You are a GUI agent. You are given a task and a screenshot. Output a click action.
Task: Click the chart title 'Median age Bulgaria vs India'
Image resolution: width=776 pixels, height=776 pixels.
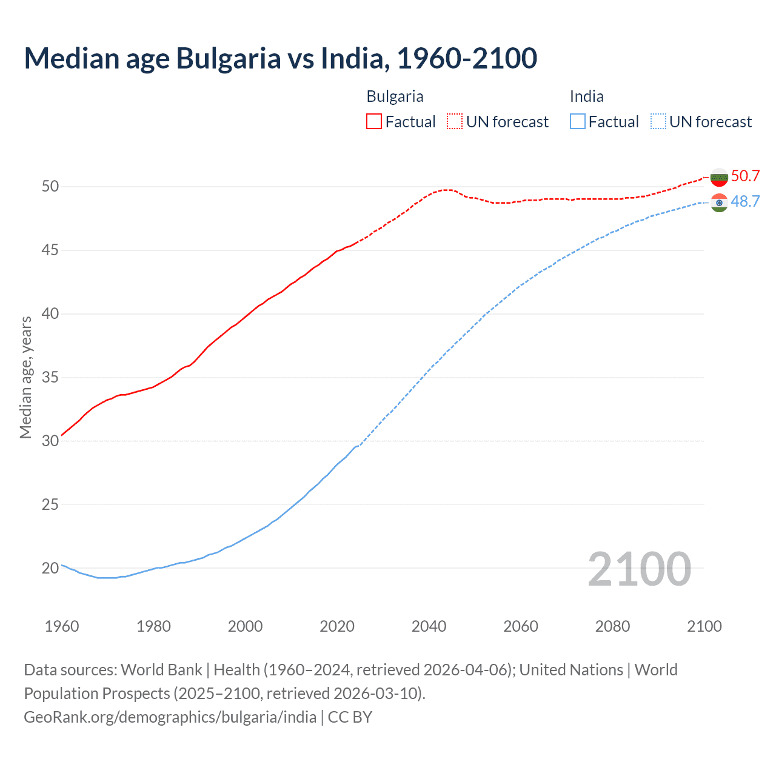click(x=280, y=58)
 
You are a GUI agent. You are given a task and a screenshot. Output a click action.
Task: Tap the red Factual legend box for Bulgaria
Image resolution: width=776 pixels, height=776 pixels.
click(x=374, y=122)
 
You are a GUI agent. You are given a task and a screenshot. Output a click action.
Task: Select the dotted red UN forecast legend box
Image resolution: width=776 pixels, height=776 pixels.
click(x=455, y=122)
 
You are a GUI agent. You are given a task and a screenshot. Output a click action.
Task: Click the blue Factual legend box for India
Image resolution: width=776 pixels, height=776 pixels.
click(x=578, y=122)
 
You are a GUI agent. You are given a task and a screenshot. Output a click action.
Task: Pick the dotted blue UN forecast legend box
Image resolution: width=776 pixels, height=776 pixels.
click(x=658, y=122)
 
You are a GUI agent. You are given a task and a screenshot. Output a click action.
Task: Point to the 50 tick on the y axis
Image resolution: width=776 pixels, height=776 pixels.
click(x=50, y=186)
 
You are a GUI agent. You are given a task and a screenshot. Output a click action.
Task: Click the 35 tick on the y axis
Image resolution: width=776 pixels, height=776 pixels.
click(x=50, y=377)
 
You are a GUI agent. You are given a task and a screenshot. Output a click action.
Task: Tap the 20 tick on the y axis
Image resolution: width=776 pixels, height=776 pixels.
click(x=50, y=568)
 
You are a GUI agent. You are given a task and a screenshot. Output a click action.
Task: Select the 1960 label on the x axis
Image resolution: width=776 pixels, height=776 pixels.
click(x=62, y=626)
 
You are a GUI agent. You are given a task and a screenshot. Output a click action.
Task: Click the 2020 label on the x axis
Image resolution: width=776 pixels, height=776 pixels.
click(x=337, y=626)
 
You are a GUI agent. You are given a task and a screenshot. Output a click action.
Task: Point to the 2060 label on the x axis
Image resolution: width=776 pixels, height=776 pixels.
click(x=521, y=626)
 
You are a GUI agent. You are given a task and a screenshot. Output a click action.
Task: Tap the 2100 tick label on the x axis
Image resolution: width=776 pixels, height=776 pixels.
click(x=704, y=626)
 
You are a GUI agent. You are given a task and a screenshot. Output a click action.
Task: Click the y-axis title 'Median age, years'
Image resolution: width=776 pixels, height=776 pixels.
click(x=25, y=377)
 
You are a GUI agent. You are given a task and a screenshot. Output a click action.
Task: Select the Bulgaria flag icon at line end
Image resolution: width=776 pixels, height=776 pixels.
click(x=719, y=177)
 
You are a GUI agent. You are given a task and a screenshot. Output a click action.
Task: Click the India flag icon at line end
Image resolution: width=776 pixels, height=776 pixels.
click(x=719, y=202)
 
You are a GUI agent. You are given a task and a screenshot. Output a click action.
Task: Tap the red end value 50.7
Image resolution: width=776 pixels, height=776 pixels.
click(x=745, y=176)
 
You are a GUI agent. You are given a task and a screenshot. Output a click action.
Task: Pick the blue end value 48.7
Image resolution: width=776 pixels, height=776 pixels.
click(x=745, y=202)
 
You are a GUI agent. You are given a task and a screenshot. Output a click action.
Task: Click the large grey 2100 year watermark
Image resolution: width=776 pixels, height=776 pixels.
click(x=639, y=569)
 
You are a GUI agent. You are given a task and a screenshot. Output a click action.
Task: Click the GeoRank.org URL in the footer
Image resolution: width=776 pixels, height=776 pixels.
click(x=170, y=717)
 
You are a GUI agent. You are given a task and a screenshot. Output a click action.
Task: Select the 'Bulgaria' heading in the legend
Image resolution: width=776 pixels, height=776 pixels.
click(x=395, y=96)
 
